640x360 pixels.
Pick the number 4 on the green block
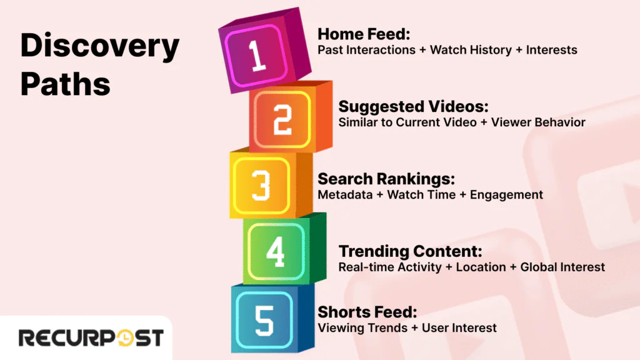pos(276,251)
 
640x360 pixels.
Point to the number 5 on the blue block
pos(262,318)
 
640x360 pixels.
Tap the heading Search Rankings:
pos(386,179)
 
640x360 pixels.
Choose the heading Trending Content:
pos(411,251)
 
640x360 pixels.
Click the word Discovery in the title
pos(100,47)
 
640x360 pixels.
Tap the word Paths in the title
pos(66,84)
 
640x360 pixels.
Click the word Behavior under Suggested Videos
pos(560,122)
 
